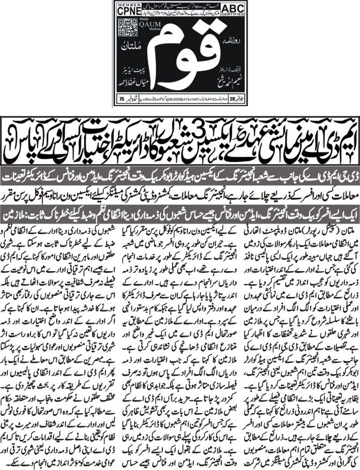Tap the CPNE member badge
[122, 10]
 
